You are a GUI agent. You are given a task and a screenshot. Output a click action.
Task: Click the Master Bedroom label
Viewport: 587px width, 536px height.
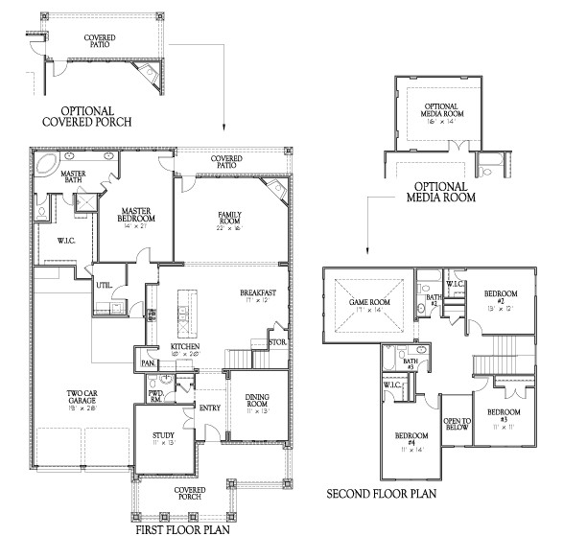[137, 214]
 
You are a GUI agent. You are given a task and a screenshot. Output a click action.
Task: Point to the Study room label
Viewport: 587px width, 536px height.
[163, 438]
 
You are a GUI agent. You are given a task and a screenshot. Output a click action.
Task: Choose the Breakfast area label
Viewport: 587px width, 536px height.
[258, 292]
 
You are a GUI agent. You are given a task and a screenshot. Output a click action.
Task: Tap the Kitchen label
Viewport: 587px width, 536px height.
[184, 346]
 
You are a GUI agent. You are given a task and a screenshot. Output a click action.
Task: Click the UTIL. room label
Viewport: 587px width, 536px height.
[104, 285]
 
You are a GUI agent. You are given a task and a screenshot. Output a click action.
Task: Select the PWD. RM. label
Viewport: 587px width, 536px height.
[154, 397]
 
